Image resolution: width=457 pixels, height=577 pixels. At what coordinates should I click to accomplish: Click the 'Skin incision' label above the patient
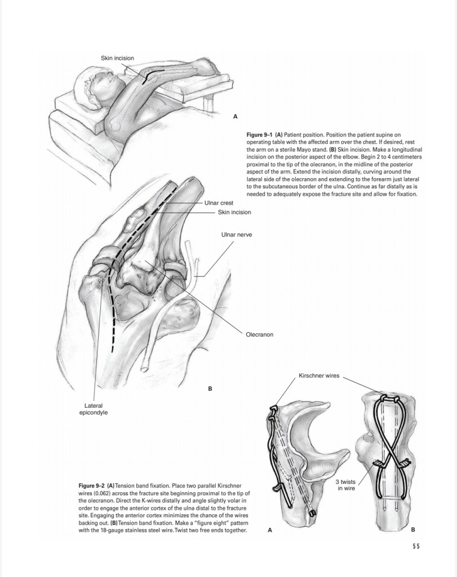(117, 58)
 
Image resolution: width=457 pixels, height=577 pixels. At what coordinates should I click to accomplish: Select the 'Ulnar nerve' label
(236, 234)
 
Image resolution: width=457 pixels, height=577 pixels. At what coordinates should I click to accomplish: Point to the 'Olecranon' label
(259, 334)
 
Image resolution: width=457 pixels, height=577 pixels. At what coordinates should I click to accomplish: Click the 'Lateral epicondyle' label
(94, 408)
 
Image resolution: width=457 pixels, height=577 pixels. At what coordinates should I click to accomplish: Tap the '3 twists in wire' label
(345, 484)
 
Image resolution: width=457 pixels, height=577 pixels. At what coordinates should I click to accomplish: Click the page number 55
(416, 545)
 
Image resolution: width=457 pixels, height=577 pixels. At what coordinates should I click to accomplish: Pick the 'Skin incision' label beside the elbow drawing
(234, 212)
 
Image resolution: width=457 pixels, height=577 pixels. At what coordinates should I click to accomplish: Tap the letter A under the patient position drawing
(236, 117)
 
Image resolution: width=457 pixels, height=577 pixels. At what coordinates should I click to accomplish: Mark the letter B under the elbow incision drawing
(210, 389)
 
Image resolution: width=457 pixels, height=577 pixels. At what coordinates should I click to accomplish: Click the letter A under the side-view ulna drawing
(269, 530)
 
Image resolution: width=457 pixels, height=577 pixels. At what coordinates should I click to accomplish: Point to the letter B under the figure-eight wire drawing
(413, 530)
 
